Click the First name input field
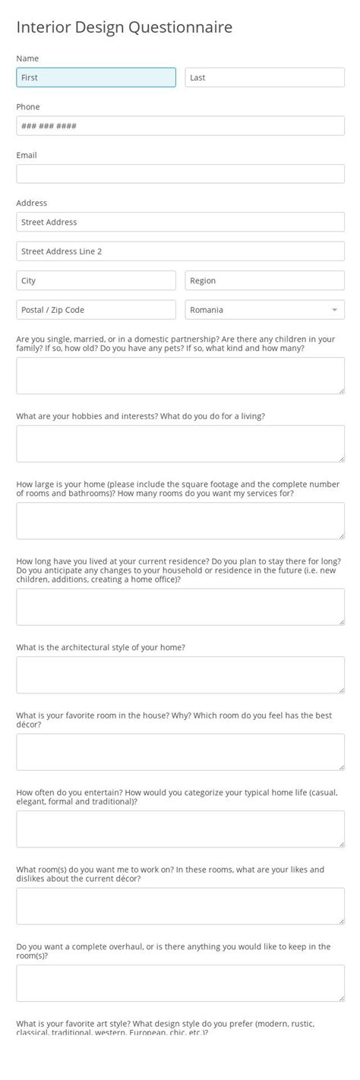96,77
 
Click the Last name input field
264,77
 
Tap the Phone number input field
180,126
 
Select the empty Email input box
180,174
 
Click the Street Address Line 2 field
180,251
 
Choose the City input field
96,280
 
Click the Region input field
264,280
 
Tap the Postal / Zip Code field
96,310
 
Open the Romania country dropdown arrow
334,310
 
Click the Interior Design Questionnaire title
125,27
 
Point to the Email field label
27,155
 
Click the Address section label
32,203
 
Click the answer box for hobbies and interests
180,444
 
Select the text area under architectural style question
180,675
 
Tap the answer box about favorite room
180,752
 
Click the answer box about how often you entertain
180,829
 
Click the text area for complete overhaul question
180,983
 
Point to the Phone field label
28,107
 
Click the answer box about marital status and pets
180,375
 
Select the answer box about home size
180,521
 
